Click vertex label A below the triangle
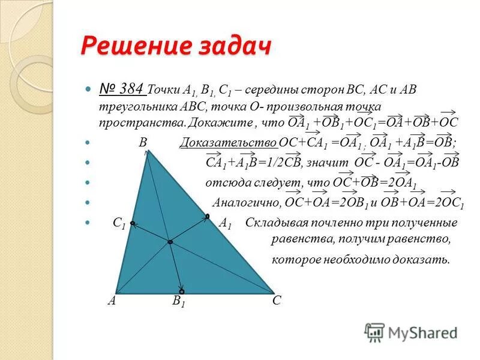(112, 301)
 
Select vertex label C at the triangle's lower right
(277, 301)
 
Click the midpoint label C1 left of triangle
(119, 224)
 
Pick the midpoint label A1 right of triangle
(225, 224)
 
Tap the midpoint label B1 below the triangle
(179, 301)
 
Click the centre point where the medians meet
(170, 241)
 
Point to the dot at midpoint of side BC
(208, 215)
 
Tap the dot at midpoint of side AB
(131, 223)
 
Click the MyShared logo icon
(374, 331)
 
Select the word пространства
(142, 122)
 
